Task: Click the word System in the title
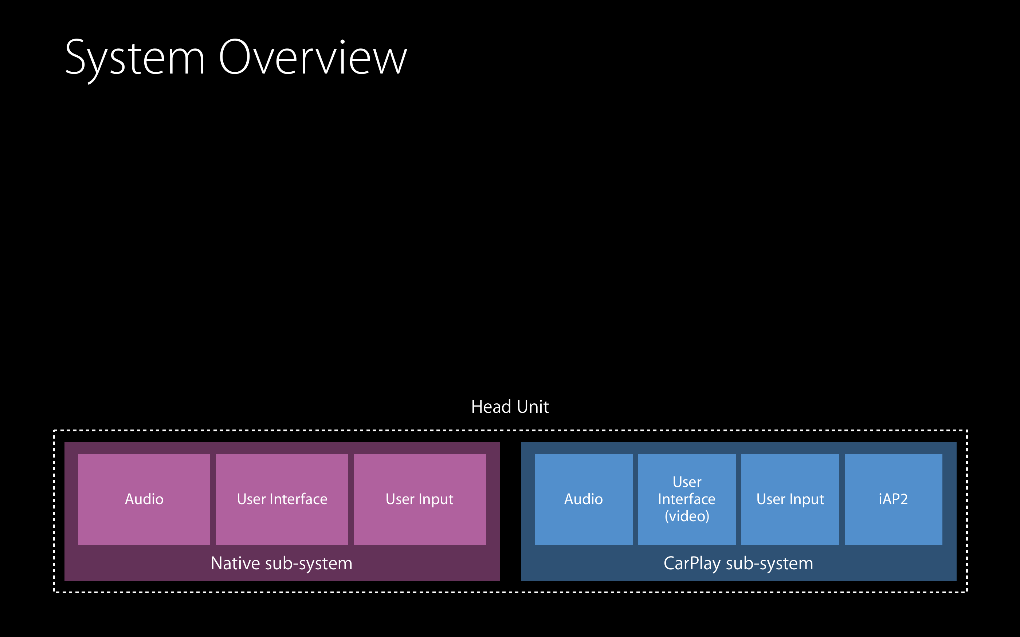pyautogui.click(x=135, y=59)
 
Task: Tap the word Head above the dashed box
pyautogui.click(x=491, y=407)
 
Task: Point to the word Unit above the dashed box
pyautogui.click(x=533, y=407)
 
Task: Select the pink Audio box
pyautogui.click(x=144, y=499)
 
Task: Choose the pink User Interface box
pyautogui.click(x=282, y=499)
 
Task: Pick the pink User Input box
pyautogui.click(x=420, y=499)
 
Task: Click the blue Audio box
pyautogui.click(x=584, y=499)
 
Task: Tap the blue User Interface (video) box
pyautogui.click(x=687, y=499)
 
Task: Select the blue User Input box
pyautogui.click(x=790, y=499)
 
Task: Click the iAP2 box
pyautogui.click(x=894, y=499)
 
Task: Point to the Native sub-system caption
pyautogui.click(x=282, y=563)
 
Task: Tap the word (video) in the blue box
pyautogui.click(x=687, y=517)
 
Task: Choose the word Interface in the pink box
pyautogui.click(x=299, y=499)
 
